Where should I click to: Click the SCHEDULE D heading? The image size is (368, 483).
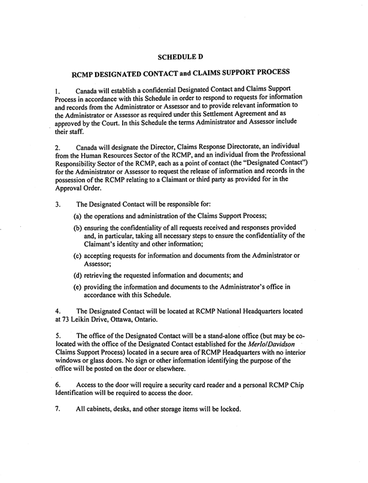tap(180, 57)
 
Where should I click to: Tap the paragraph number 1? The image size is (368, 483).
tap(56, 89)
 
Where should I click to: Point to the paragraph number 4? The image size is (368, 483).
tap(56, 311)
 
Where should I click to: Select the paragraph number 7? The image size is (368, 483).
tap(56, 409)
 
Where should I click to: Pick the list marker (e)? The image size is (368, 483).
tap(78, 287)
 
